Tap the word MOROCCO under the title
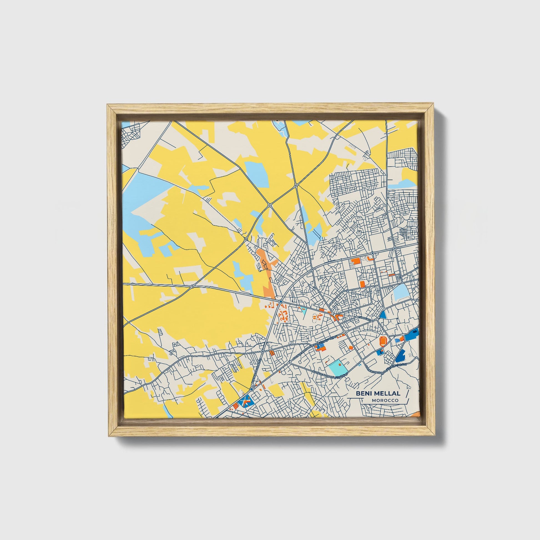tap(385, 400)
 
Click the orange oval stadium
tap(383, 341)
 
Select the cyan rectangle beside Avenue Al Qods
tap(339, 368)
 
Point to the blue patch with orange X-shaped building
tap(246, 402)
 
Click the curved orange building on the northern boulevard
tap(371, 258)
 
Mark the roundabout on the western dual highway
tap(193, 286)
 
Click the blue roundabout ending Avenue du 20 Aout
tap(252, 389)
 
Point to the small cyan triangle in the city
tap(304, 310)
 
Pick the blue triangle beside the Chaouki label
tap(383, 315)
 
